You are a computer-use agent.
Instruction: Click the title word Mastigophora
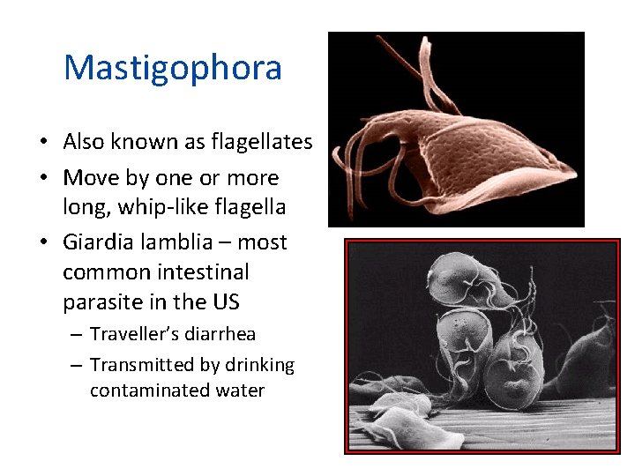[173, 69]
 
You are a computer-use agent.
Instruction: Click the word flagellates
[266, 142]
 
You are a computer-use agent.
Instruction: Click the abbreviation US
[226, 302]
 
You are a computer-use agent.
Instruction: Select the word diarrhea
[221, 334]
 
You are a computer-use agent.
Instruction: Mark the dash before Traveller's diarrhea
[74, 334]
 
